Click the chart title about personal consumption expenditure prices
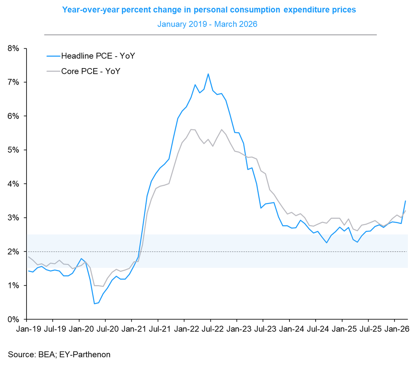point(209,10)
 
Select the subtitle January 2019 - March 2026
point(207,24)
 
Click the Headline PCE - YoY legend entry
point(98,56)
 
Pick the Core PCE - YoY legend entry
point(90,71)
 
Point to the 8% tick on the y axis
point(13,48)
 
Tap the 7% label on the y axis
point(13,82)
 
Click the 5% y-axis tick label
point(13,150)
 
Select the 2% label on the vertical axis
point(13,252)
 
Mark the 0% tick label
point(13,319)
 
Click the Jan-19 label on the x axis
point(27,329)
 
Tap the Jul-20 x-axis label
point(105,329)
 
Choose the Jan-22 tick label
point(185,329)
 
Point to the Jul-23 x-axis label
point(263,329)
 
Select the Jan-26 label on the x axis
point(395,329)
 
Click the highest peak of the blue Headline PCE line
point(208,74)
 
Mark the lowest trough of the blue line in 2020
point(94,304)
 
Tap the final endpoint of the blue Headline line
point(405,201)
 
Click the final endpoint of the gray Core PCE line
point(405,211)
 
